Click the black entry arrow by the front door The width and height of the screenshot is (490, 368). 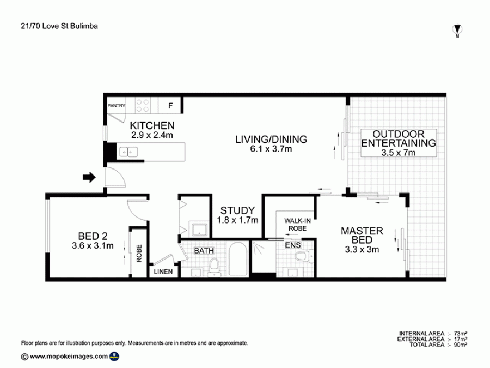[x=89, y=177]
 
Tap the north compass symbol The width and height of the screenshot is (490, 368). [x=457, y=30]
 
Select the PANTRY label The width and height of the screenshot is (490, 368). [x=117, y=106]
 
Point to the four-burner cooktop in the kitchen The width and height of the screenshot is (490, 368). [x=143, y=105]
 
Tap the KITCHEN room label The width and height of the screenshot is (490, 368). [x=152, y=125]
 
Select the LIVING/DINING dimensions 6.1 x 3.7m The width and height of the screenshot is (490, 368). [x=271, y=149]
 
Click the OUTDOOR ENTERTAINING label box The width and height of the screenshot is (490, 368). [x=399, y=143]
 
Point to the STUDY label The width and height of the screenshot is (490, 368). [x=237, y=210]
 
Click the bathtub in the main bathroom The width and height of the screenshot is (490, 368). [x=238, y=259]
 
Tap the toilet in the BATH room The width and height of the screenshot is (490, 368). [x=214, y=268]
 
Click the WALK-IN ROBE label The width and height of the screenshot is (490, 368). [x=297, y=225]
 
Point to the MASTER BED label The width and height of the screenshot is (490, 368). [x=362, y=236]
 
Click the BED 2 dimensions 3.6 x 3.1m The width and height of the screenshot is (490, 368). [x=93, y=246]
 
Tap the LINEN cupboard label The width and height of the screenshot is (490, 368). [x=163, y=272]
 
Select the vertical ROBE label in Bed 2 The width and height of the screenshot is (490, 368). [x=139, y=253]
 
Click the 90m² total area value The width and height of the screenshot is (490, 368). [x=460, y=345]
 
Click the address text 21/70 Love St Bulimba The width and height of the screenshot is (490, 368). [x=59, y=26]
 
